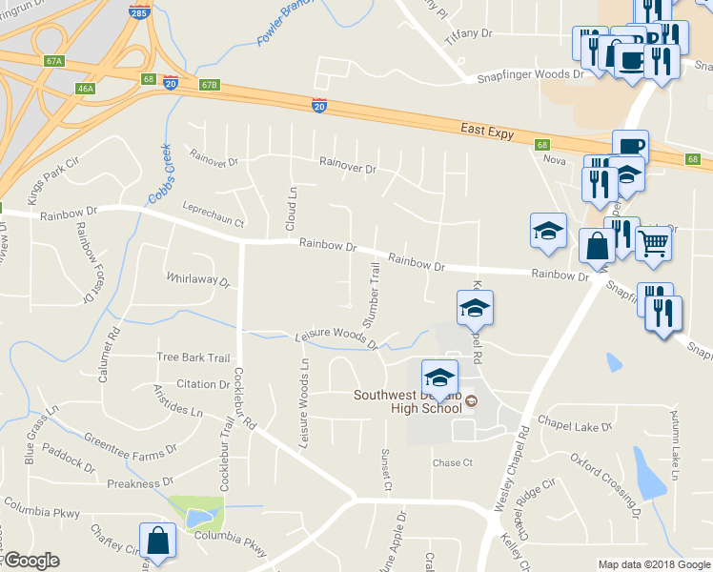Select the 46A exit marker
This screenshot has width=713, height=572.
pyautogui.click(x=86, y=90)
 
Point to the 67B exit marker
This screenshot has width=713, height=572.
pyautogui.click(x=210, y=85)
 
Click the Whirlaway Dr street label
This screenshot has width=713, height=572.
pyautogui.click(x=198, y=281)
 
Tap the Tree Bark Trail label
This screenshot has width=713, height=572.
pyautogui.click(x=194, y=357)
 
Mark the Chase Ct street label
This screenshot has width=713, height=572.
pyautogui.click(x=453, y=463)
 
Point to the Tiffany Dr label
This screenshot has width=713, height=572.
pyautogui.click(x=468, y=32)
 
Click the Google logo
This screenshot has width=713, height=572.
pyautogui.click(x=31, y=561)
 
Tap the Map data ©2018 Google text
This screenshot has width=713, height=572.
pyautogui.click(x=654, y=564)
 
